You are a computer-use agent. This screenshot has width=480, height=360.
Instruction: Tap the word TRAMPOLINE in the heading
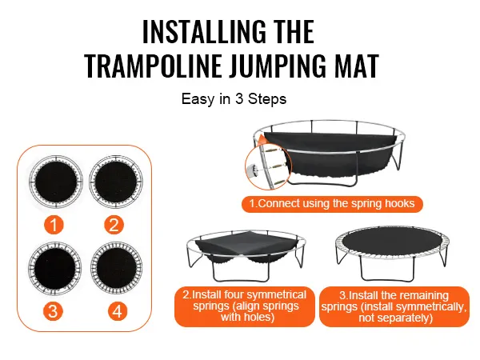click(153, 66)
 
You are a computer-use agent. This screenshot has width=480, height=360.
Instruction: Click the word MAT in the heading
click(357, 66)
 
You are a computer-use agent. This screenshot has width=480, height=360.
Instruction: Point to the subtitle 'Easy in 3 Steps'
click(234, 99)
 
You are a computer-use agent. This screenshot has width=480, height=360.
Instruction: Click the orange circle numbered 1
click(54, 225)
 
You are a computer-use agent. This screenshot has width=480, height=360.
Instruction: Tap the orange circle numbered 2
click(114, 225)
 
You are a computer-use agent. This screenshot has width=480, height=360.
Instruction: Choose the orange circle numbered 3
click(53, 311)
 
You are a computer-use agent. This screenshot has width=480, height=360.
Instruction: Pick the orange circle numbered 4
click(118, 311)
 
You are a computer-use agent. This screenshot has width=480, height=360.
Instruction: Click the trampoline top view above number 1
click(56, 182)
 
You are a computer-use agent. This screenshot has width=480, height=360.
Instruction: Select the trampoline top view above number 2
click(116, 182)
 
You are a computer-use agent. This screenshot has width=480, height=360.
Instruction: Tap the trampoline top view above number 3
click(54, 269)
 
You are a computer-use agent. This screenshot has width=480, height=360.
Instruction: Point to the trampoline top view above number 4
click(117, 269)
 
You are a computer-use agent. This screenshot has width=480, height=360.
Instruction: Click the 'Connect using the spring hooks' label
click(332, 204)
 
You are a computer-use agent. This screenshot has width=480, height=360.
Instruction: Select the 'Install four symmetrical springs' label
click(245, 306)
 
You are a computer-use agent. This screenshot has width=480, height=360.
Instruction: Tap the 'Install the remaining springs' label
click(394, 306)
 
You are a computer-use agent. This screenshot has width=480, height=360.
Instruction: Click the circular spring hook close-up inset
click(269, 167)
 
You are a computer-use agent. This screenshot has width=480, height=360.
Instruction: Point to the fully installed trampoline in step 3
click(393, 254)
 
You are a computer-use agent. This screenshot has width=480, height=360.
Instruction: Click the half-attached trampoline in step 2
click(246, 256)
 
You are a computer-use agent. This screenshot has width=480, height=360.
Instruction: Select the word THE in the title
click(294, 31)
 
